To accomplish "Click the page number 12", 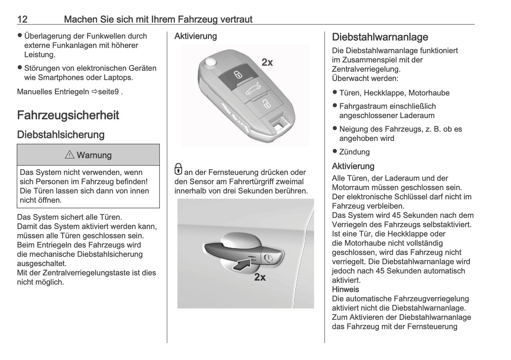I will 22,19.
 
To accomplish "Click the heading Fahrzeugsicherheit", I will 68,115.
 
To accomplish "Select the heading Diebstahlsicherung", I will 60,135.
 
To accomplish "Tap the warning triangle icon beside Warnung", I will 70,155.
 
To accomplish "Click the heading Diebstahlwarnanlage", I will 380,37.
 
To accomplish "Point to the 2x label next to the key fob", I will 267,63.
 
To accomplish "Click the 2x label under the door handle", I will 260,277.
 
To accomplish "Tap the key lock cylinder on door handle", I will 268,258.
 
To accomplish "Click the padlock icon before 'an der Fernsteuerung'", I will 179,169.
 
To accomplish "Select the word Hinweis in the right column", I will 345,289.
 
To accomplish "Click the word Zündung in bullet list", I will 354,152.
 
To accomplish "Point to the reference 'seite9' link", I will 108,92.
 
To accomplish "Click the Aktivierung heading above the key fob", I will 196,36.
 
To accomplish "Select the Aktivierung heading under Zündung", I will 353,166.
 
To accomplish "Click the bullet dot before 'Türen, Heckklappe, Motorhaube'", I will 335,92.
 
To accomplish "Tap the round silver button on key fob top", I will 211,62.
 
